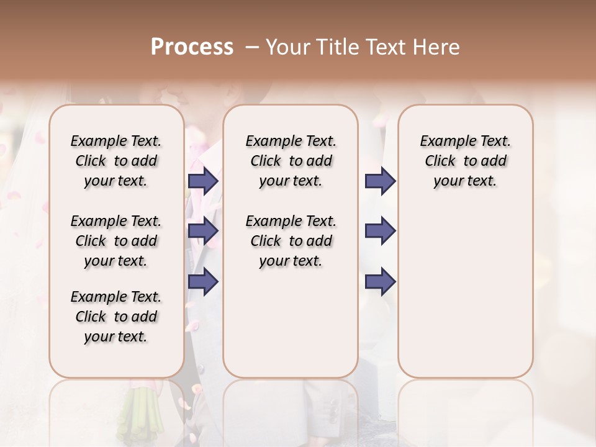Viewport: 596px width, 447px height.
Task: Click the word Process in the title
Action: (192, 47)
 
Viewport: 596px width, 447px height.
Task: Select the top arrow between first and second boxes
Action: (203, 181)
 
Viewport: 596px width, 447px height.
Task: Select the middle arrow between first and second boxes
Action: (203, 231)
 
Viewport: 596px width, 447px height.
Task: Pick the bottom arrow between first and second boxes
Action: (203, 281)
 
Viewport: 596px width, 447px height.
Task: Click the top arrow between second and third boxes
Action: (380, 181)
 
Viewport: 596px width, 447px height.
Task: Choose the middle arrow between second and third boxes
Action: (380, 231)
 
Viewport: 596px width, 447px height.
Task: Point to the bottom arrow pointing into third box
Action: (380, 282)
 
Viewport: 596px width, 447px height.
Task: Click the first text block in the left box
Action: (115, 161)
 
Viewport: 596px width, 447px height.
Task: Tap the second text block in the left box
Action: (115, 241)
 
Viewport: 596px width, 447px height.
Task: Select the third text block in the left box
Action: (115, 317)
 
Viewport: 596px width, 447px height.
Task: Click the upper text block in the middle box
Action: (291, 161)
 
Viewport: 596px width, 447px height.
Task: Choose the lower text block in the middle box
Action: (291, 241)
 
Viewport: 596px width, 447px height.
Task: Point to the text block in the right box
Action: (465, 161)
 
